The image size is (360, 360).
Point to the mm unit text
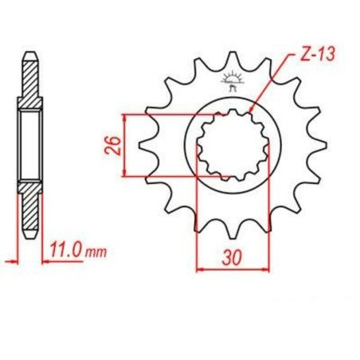tap(96, 252)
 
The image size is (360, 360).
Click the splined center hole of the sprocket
tap(233, 145)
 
